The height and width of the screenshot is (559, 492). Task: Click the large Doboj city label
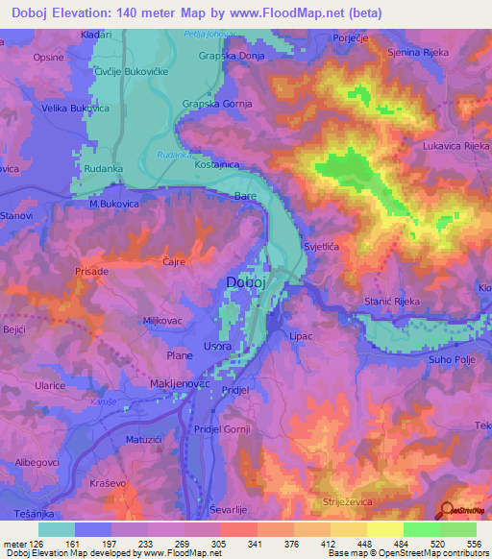(x=255, y=281)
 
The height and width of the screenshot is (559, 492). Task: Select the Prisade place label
(x=92, y=272)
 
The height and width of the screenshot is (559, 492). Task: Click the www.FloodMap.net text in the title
(x=293, y=13)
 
